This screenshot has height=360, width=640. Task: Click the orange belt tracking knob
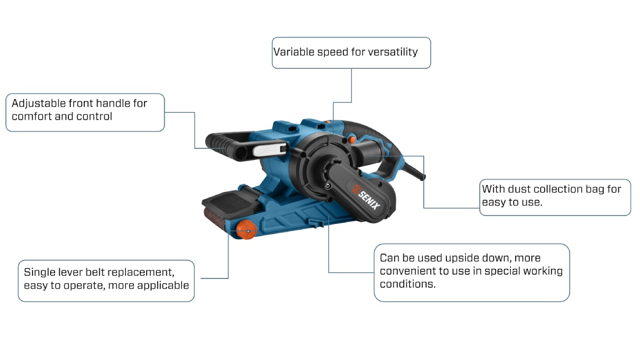(x=246, y=230)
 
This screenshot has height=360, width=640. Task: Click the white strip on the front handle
(x=269, y=150)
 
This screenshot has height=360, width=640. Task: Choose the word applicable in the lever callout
(x=163, y=285)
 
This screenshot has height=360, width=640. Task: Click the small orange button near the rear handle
(x=351, y=140)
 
